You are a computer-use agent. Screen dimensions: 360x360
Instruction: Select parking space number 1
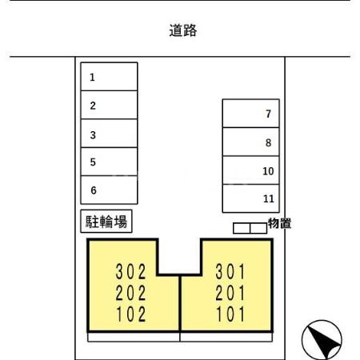pos(109,78)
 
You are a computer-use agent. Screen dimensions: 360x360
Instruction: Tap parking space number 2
pos(109,106)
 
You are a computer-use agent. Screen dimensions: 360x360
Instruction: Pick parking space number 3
pos(109,134)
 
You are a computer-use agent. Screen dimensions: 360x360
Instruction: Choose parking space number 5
pos(109,162)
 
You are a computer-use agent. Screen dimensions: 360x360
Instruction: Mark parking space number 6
pos(109,190)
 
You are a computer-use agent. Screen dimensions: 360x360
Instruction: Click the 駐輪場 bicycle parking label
pos(106,221)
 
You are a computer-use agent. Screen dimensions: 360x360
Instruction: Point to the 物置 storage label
pos(278,223)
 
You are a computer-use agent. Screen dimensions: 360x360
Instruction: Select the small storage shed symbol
pos(250,228)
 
